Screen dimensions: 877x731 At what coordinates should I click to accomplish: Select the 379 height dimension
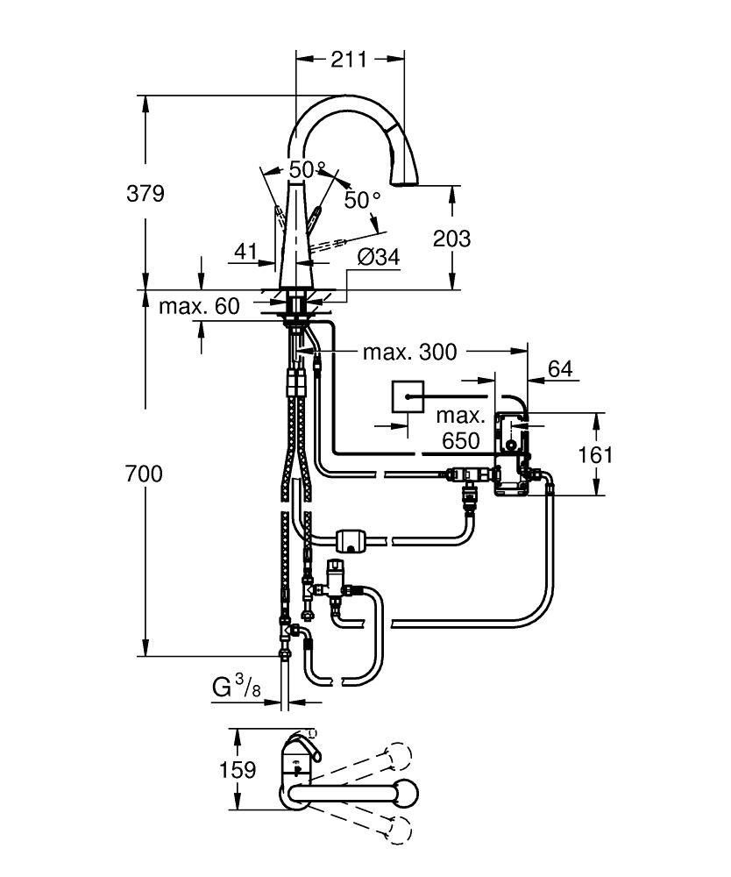point(145,193)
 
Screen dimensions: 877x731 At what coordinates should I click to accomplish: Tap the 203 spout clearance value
point(452,238)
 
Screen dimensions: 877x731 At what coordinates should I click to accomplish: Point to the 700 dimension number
point(144,474)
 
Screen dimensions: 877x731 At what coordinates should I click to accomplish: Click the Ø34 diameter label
point(379,258)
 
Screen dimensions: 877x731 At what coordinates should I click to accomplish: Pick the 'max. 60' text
point(199,307)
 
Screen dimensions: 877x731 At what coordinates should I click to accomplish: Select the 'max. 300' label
point(410,353)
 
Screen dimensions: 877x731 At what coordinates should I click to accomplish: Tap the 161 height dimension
point(596,454)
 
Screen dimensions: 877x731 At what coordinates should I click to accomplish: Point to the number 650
point(461,441)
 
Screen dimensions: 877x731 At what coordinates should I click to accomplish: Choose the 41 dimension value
point(247,253)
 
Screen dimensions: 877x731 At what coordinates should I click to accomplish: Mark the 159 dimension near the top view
point(237,770)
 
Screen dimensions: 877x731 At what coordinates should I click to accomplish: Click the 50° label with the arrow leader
point(362,201)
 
